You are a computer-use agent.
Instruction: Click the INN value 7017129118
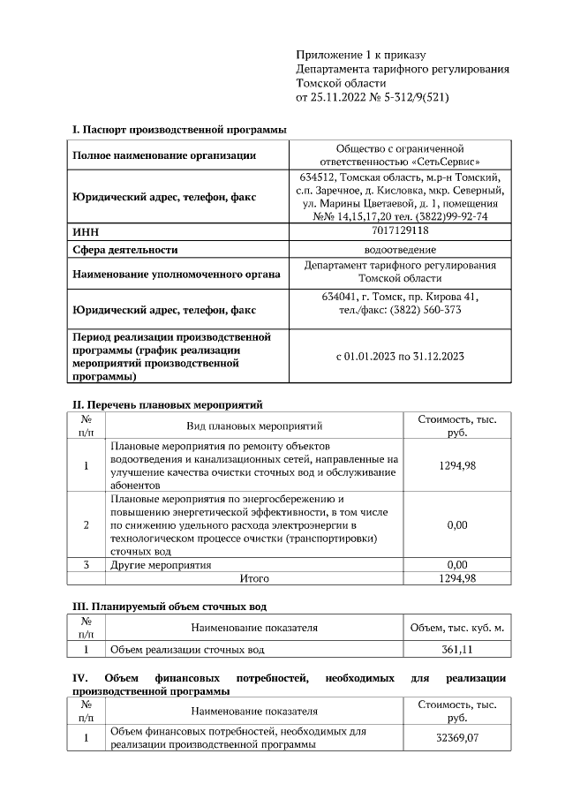point(400,230)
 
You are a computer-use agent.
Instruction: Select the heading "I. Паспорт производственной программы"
point(179,130)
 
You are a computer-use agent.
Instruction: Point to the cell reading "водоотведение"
point(400,250)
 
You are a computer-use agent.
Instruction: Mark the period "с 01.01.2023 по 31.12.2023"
point(400,357)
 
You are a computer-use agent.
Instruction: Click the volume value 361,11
point(456,650)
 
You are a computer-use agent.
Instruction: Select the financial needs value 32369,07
point(456,738)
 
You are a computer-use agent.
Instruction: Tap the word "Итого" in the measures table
point(254,578)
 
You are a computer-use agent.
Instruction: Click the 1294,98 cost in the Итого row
point(456,578)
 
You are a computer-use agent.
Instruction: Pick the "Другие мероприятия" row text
point(161,564)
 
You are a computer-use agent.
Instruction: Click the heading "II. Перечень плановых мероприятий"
point(167,405)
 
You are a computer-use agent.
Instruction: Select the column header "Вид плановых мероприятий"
point(254,426)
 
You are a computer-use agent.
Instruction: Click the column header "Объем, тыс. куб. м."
point(456,628)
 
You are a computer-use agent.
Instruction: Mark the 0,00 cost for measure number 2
point(456,524)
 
